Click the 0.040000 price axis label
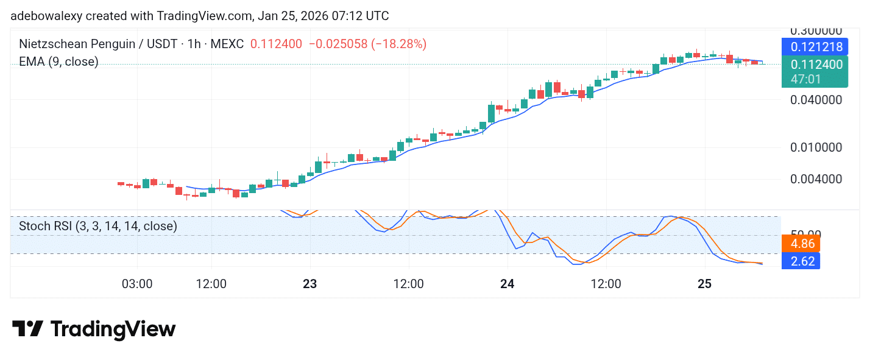[x=816, y=100]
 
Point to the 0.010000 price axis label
[x=816, y=147]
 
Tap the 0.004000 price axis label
[x=816, y=179]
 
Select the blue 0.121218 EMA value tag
[x=816, y=47]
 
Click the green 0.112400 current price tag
[x=816, y=65]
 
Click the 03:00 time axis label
[x=136, y=284]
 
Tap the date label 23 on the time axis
[x=310, y=284]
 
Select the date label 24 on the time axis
[x=507, y=284]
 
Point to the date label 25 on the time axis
[x=704, y=284]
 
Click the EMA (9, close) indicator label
[x=58, y=62]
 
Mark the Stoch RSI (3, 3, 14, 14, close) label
[x=98, y=226]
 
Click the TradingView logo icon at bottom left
[x=27, y=329]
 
